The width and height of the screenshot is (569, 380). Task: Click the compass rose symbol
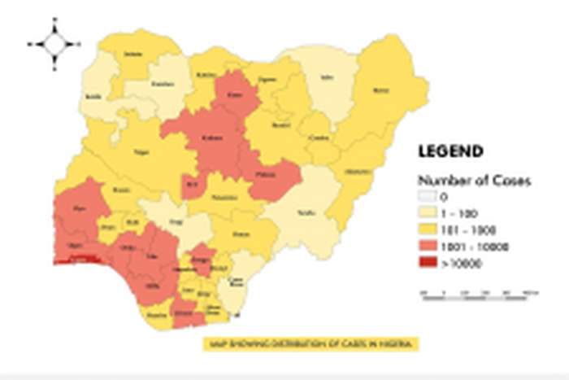(x=54, y=43)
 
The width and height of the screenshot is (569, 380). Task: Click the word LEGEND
(x=450, y=151)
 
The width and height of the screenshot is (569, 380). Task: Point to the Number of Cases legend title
(x=474, y=181)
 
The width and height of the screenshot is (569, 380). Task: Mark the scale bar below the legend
(x=475, y=291)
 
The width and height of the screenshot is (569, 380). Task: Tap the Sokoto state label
(x=132, y=54)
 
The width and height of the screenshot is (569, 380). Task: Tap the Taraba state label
(x=306, y=211)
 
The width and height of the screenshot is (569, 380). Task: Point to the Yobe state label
(x=327, y=80)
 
